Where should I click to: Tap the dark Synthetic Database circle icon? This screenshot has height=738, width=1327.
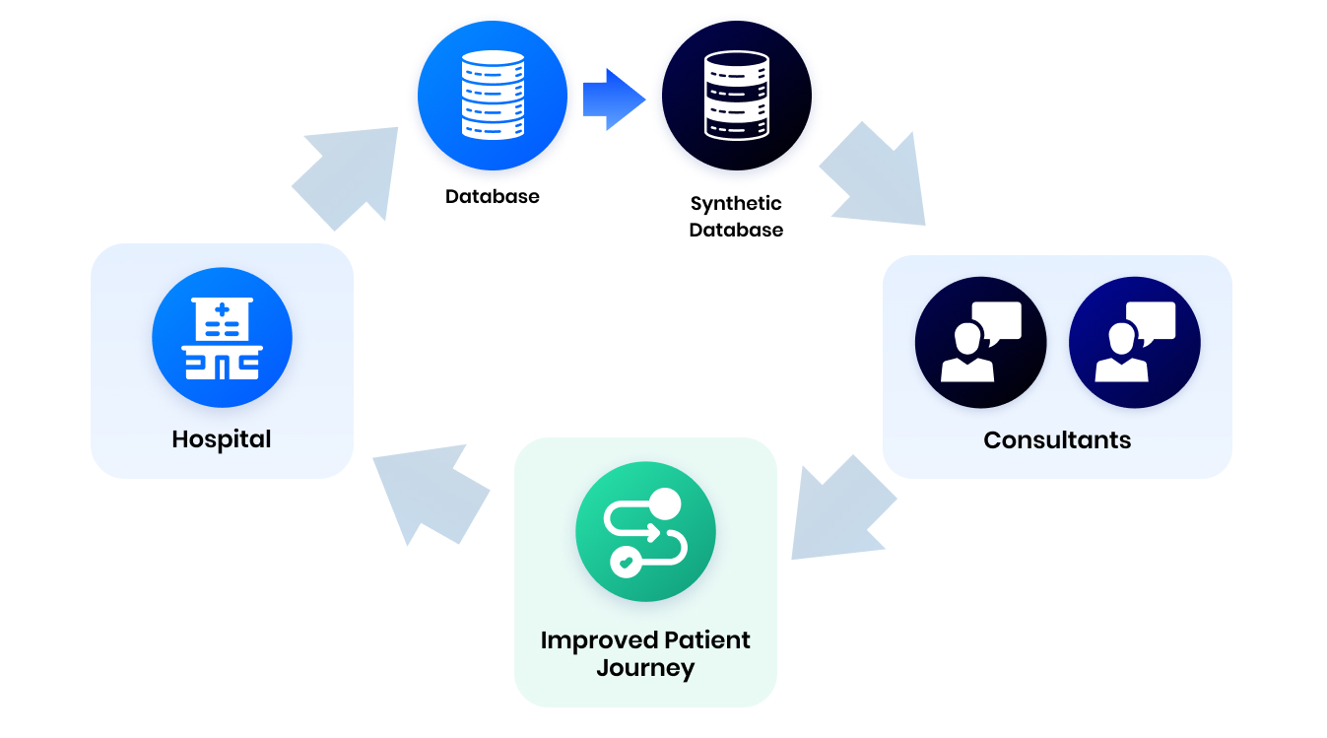736,96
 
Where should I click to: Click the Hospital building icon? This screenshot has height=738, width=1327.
222,338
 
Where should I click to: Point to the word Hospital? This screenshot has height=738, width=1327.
222,438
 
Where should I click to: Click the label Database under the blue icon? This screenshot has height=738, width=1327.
492,196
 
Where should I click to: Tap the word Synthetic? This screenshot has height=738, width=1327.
736,204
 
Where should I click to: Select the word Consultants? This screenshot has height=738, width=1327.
1056,439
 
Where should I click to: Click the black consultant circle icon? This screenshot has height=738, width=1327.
980,343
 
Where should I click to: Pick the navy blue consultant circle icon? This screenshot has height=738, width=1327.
1134,343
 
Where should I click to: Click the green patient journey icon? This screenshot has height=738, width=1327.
645,533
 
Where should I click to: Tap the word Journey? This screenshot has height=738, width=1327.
645,668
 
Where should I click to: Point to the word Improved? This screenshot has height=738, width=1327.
598,640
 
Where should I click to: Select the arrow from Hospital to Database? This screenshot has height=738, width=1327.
350,173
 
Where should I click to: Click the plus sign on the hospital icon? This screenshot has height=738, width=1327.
223,310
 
